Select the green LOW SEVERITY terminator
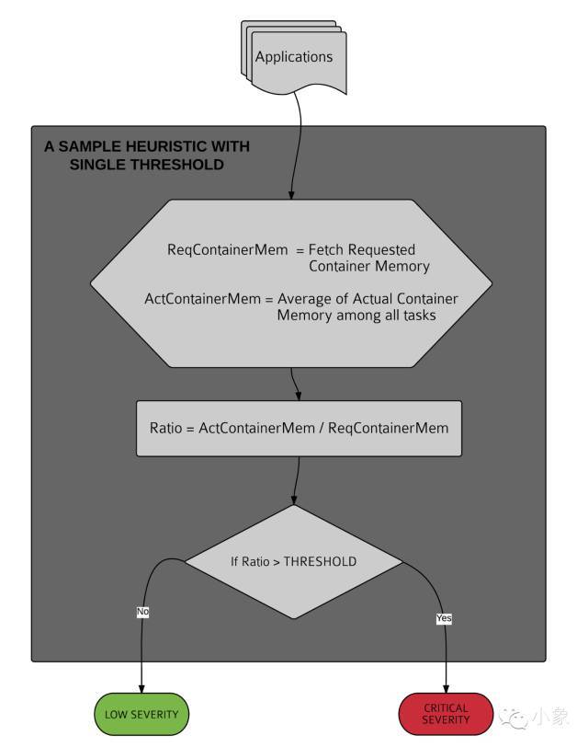coord(141,714)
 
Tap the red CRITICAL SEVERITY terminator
coord(446,714)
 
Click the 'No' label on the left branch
coord(142,611)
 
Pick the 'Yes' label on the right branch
coord(444,618)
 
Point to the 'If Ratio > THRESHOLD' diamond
coord(294,561)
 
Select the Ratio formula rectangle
coord(299,429)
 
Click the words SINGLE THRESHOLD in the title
coord(146,165)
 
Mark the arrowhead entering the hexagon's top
coord(292,194)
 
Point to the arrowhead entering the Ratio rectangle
coord(299,396)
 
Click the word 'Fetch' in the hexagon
coord(328,250)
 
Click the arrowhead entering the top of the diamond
coord(294,500)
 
